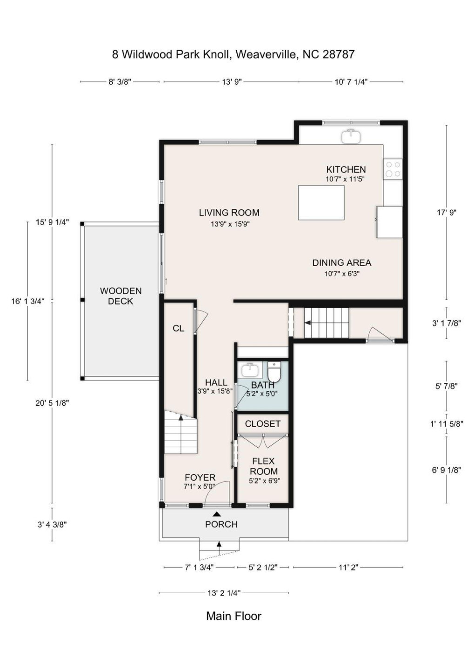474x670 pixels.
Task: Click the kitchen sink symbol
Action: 351,136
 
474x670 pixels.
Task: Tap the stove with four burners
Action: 393,169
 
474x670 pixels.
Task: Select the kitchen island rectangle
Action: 321,202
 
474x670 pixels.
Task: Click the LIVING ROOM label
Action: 229,213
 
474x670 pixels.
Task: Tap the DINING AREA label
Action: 341,262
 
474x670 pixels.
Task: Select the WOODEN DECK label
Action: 120,296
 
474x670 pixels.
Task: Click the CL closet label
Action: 178,328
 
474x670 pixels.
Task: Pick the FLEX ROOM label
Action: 263,466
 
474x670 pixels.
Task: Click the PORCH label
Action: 221,524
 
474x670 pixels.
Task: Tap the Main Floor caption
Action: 234,616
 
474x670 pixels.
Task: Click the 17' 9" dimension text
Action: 447,212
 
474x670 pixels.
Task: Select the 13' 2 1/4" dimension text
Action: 224,593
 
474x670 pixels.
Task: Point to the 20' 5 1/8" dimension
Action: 52,403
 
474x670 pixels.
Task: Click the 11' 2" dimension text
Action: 348,567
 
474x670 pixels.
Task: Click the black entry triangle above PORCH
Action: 217,514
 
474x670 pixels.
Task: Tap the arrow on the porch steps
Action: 219,544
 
